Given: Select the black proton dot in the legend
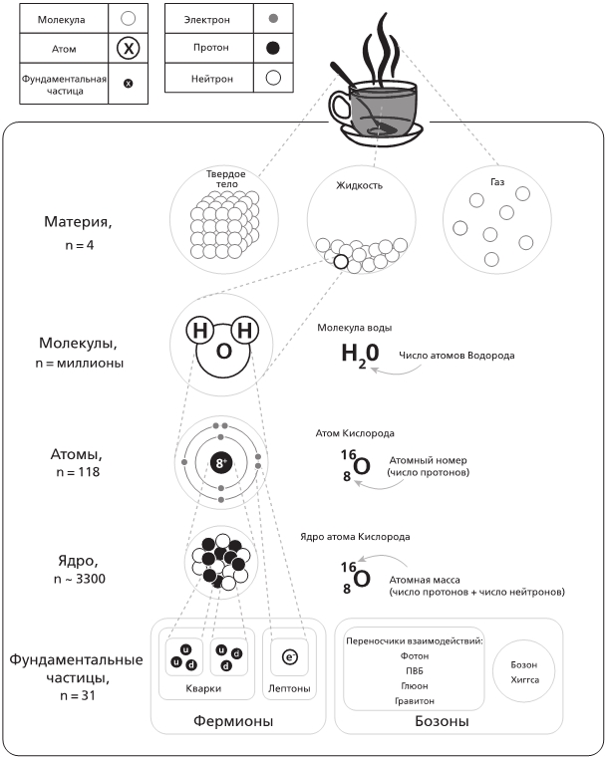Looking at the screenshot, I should (x=274, y=48).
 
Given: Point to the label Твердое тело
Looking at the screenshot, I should (x=225, y=178).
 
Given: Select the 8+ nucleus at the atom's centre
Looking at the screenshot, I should (x=220, y=462).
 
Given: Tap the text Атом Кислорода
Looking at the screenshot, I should (x=354, y=433).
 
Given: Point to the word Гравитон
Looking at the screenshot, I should (x=413, y=700).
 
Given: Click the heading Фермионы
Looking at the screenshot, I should (x=233, y=720).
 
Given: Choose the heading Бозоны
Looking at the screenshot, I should (x=441, y=720).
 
